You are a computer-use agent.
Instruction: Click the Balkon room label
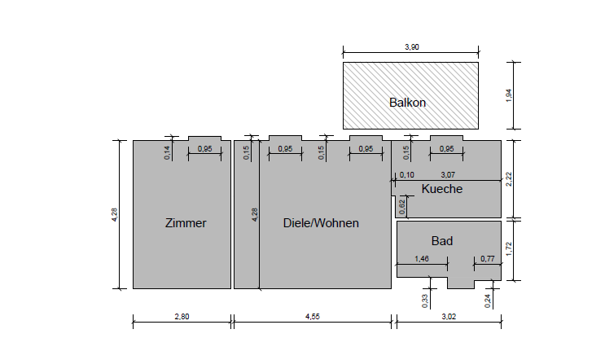[407, 103]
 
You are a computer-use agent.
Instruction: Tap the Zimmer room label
[186, 223]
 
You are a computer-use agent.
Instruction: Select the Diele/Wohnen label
[321, 223]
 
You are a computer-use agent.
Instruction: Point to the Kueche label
[442, 189]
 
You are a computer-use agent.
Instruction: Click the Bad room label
[442, 241]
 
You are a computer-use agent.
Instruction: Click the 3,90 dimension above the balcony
[412, 47]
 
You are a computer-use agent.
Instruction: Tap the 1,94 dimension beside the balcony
[509, 95]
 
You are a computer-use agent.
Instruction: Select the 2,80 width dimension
[182, 316]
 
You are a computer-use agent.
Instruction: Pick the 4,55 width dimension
[313, 316]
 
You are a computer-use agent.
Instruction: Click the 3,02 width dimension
[449, 316]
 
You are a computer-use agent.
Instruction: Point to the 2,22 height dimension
[509, 179]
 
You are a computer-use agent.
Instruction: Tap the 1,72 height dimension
[509, 249]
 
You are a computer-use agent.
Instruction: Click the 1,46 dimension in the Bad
[422, 258]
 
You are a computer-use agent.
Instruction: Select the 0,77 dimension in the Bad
[488, 258]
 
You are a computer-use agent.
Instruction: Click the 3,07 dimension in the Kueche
[448, 175]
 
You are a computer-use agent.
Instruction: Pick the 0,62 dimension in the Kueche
[402, 207]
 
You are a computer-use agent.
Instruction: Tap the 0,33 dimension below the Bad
[425, 301]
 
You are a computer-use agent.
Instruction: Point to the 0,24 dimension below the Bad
[487, 301]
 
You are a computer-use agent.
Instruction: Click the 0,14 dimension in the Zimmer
[167, 153]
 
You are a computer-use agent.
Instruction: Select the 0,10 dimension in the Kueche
[406, 175]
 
